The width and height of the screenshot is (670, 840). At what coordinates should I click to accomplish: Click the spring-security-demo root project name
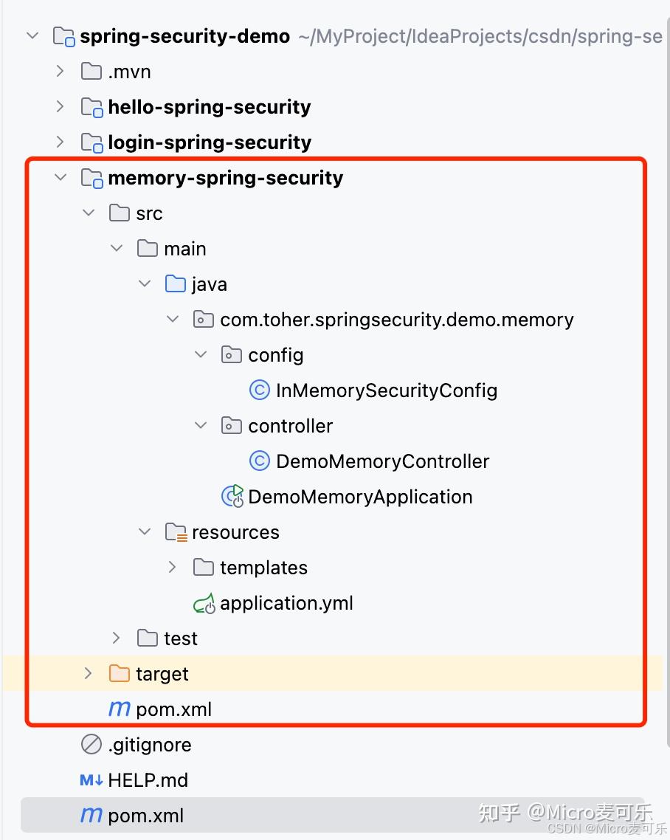pyautogui.click(x=184, y=37)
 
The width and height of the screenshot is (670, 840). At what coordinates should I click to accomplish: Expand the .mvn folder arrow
pyautogui.click(x=61, y=72)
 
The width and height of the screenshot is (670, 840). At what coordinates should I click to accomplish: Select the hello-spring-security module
pyautogui.click(x=209, y=107)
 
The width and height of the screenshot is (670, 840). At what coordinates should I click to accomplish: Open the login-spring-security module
pyautogui.click(x=209, y=142)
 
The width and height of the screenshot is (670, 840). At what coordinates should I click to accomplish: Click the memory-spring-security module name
pyautogui.click(x=225, y=178)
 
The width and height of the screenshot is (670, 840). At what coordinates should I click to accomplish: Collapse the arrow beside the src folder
pyautogui.click(x=89, y=213)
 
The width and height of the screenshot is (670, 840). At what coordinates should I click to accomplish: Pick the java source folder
pyautogui.click(x=209, y=284)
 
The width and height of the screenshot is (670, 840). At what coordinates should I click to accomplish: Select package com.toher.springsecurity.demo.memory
pyautogui.click(x=396, y=320)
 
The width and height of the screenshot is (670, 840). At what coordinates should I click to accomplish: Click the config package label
pyautogui.click(x=275, y=355)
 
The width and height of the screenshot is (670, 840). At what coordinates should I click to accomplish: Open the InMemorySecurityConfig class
pyautogui.click(x=386, y=390)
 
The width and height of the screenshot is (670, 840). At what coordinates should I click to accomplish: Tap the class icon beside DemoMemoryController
pyautogui.click(x=260, y=461)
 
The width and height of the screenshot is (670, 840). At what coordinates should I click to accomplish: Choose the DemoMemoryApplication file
pyautogui.click(x=360, y=497)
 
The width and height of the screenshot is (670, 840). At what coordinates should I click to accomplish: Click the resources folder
pyautogui.click(x=235, y=532)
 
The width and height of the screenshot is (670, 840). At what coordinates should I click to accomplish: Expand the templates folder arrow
pyautogui.click(x=173, y=568)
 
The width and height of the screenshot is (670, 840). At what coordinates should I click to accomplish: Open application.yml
pyautogui.click(x=286, y=603)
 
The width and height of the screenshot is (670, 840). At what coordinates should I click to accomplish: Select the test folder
pyautogui.click(x=181, y=638)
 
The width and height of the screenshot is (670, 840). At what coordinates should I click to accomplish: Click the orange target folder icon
pyautogui.click(x=119, y=674)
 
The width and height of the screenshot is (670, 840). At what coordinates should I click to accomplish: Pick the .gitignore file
pyautogui.click(x=149, y=745)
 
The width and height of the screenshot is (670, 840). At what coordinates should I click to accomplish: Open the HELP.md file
pyautogui.click(x=148, y=780)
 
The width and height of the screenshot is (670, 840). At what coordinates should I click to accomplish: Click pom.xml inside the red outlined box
pyautogui.click(x=173, y=709)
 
